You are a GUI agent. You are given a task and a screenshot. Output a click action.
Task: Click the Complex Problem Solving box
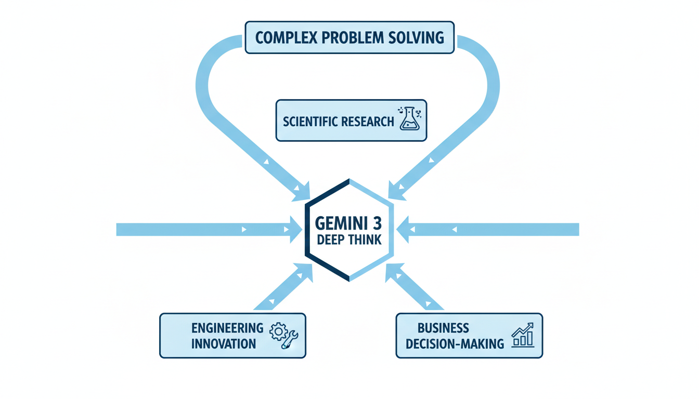point(349,37)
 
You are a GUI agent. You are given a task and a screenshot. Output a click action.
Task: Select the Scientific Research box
point(351,121)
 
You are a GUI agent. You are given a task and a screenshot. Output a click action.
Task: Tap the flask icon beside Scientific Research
point(409,119)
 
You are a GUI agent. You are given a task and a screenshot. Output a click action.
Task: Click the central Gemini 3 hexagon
point(349,230)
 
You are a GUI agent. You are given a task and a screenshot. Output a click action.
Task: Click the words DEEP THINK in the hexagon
point(349,240)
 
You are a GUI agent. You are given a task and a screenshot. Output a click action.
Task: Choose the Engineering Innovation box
point(232,336)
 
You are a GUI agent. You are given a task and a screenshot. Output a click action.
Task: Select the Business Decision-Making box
point(469,336)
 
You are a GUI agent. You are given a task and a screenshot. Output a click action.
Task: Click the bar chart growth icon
point(522,335)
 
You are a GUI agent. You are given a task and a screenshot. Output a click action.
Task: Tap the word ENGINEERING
point(227,328)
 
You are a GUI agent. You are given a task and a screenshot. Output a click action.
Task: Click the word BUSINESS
point(443,328)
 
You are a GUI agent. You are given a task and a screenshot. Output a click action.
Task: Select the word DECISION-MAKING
point(455,343)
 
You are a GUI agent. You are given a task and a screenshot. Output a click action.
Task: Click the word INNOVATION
point(224,343)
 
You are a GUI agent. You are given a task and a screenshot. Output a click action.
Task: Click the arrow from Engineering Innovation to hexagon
point(283,288)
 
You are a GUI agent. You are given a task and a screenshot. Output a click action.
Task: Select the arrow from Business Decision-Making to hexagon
point(415,288)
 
